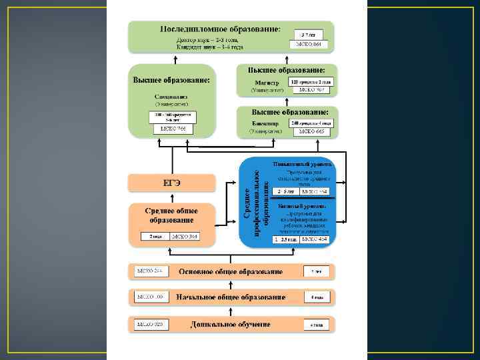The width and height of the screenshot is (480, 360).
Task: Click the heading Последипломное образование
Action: pyautogui.click(x=219, y=29)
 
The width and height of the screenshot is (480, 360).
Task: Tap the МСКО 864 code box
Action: pyautogui.click(x=309, y=44)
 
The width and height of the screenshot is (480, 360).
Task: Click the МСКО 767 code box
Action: pyautogui.click(x=310, y=89)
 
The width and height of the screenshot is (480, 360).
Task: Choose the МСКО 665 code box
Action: pyautogui.click(x=310, y=131)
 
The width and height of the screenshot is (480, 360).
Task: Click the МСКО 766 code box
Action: pyautogui.click(x=172, y=128)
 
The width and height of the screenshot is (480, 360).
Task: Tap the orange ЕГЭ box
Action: pyautogui.click(x=172, y=183)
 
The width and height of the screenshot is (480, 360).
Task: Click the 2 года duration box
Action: pyautogui.click(x=156, y=236)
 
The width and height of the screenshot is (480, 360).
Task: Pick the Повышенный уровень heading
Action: pyautogui.click(x=302, y=164)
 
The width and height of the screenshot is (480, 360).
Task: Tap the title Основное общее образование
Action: pyautogui.click(x=230, y=271)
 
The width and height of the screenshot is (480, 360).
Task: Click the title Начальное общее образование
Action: pyautogui.click(x=231, y=297)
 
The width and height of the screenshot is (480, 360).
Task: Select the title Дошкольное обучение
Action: pyautogui.click(x=230, y=324)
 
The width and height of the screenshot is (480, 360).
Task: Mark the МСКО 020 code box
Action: pyautogui.click(x=150, y=324)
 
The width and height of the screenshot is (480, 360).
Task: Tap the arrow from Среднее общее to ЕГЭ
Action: pyautogui.click(x=172, y=197)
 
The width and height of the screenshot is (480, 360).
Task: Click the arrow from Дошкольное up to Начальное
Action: pyautogui.click(x=230, y=311)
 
